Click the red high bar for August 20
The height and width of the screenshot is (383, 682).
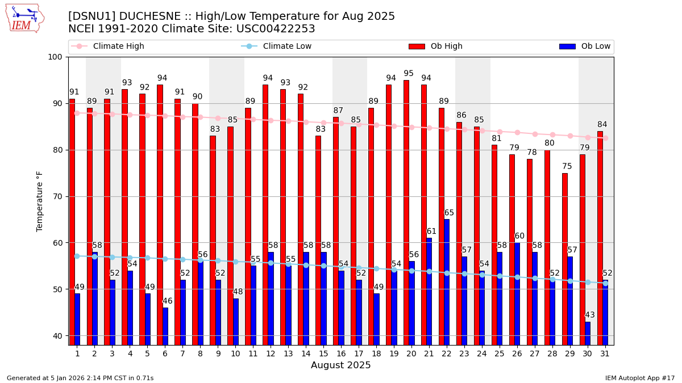pyautogui.click(x=406, y=212)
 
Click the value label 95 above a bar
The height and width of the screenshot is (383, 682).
pyautogui.click(x=409, y=74)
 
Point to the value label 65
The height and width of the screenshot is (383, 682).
pyautogui.click(x=449, y=213)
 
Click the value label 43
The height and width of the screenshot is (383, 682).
pyautogui.click(x=590, y=315)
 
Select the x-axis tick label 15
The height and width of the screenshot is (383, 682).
pyautogui.click(x=323, y=353)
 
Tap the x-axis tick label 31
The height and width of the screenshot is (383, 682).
pyautogui.click(x=605, y=353)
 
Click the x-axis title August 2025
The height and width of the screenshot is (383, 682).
pyautogui.click(x=340, y=365)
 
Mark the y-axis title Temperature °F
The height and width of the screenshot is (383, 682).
pyautogui.click(x=40, y=201)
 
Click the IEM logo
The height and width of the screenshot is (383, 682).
pyautogui.click(x=24, y=18)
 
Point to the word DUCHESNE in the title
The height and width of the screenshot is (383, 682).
pyautogui.click(x=139, y=16)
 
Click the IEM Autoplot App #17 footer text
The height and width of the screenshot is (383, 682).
pyautogui.click(x=639, y=378)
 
